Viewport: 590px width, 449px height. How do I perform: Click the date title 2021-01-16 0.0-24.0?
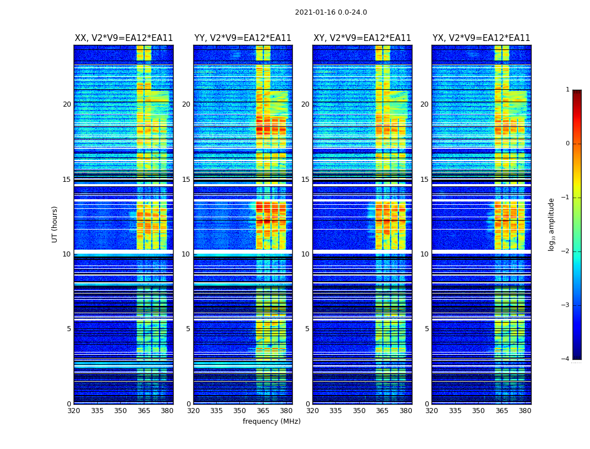tap(331, 12)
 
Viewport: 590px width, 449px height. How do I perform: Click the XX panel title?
tap(124, 38)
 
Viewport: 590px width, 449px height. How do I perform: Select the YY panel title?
tap(243, 38)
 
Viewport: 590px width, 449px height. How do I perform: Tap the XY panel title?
tap(362, 38)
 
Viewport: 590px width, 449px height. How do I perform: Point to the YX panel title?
tap(481, 38)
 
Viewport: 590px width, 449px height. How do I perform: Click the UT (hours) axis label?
tap(55, 224)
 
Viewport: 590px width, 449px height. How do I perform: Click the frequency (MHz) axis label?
tap(271, 421)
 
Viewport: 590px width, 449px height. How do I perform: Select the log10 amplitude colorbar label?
tap(552, 224)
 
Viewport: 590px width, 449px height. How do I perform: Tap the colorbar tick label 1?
tap(568, 90)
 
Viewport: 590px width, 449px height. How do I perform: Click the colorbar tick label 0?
tap(568, 144)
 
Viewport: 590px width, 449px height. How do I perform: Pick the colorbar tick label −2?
tap(566, 251)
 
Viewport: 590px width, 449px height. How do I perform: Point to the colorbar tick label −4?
tap(566, 359)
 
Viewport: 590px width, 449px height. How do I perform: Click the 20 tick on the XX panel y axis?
tap(67, 104)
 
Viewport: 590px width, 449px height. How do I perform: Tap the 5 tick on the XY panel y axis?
tap(307, 329)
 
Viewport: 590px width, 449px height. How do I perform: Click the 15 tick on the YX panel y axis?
tap(424, 180)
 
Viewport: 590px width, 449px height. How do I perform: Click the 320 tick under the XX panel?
tap(74, 411)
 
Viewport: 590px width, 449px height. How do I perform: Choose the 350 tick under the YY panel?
tap(239, 411)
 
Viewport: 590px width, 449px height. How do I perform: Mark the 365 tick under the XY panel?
tap(382, 411)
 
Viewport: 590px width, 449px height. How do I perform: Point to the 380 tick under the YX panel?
tap(525, 411)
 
